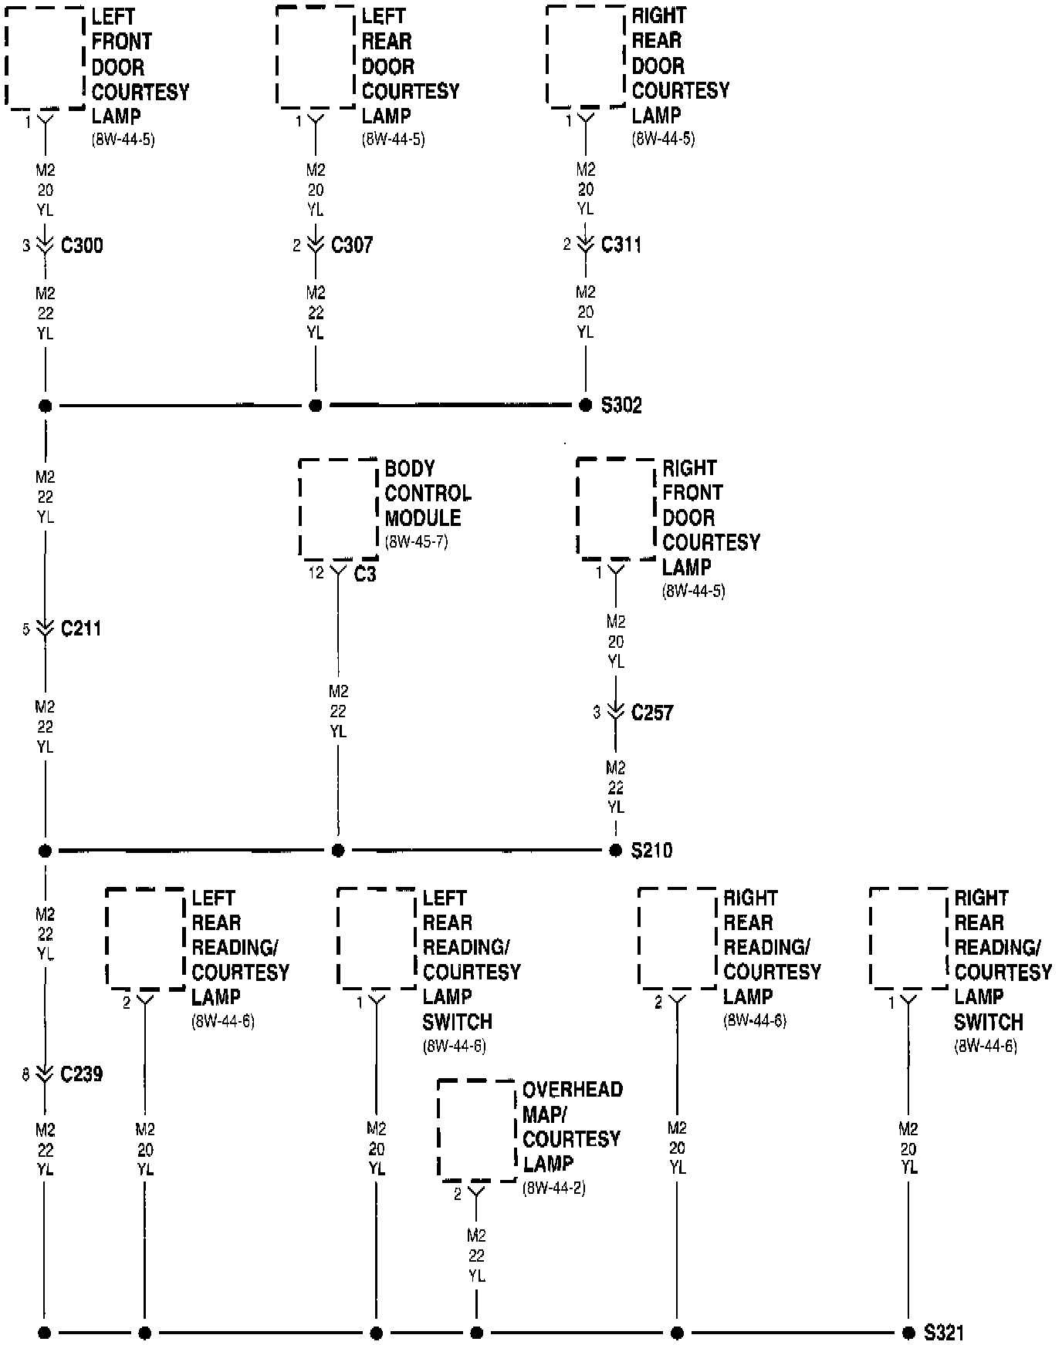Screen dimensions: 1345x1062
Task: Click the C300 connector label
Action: pyautogui.click(x=81, y=246)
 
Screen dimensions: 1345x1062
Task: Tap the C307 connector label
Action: pyautogui.click(x=352, y=245)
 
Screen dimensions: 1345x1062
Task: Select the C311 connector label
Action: pyautogui.click(x=621, y=244)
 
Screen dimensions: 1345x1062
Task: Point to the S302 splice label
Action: pyautogui.click(x=621, y=406)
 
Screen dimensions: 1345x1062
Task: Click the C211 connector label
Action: pyautogui.click(x=81, y=629)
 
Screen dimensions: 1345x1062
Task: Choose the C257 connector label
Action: pyautogui.click(x=652, y=713)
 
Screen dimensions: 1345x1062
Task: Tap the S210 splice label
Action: pyautogui.click(x=651, y=851)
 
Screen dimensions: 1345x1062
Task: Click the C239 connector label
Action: pyautogui.click(x=81, y=1074)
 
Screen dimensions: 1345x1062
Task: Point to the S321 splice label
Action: pyautogui.click(x=944, y=1333)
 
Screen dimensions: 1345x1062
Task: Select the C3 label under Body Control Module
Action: pyautogui.click(x=365, y=575)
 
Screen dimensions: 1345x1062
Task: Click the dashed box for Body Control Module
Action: pyautogui.click(x=338, y=509)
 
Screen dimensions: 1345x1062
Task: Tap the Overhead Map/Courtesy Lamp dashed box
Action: pyautogui.click(x=476, y=1130)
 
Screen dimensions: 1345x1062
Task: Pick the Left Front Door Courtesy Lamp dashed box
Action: pyautogui.click(x=45, y=58)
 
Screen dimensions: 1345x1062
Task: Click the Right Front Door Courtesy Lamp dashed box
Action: pyautogui.click(x=615, y=508)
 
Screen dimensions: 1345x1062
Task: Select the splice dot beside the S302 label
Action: pyautogui.click(x=586, y=406)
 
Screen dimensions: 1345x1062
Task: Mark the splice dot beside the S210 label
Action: pyautogui.click(x=615, y=851)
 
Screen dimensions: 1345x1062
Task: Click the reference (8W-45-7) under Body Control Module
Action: pyautogui.click(x=416, y=541)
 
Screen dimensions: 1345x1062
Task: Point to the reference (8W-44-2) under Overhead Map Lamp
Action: pyautogui.click(x=553, y=1188)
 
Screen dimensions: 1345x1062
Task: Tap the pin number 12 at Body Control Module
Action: pyautogui.click(x=316, y=573)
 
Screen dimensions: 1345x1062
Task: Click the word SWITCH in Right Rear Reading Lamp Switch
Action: pyautogui.click(x=988, y=1023)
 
